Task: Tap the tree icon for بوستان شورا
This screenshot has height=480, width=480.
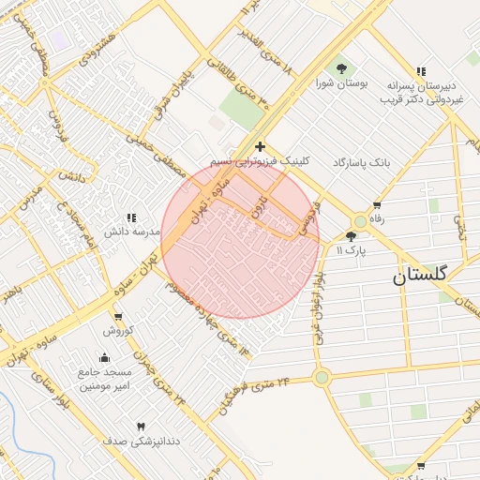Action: (x=340, y=67)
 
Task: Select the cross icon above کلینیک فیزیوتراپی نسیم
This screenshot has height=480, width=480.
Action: (x=260, y=146)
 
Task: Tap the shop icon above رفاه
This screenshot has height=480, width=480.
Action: (x=377, y=205)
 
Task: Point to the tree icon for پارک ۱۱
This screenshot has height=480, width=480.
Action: (x=352, y=236)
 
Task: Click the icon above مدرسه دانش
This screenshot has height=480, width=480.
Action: (x=130, y=217)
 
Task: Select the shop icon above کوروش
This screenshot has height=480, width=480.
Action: (x=119, y=317)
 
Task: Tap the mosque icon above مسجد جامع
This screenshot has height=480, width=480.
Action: (x=104, y=357)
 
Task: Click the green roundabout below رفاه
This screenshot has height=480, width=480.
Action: (x=360, y=221)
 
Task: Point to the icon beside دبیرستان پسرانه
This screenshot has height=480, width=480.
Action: (x=421, y=71)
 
